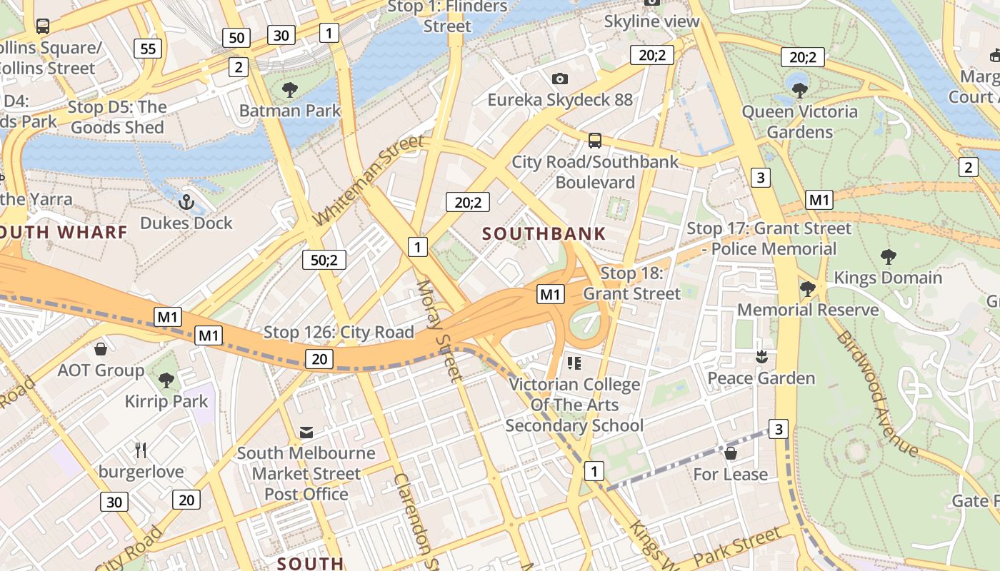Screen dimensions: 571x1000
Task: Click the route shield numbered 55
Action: pyautogui.click(x=148, y=49)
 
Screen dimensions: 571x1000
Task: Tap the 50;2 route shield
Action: pyautogui.click(x=324, y=260)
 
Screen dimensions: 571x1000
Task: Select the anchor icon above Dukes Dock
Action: pyautogui.click(x=186, y=202)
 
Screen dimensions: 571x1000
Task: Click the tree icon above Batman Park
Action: pyautogui.click(x=289, y=90)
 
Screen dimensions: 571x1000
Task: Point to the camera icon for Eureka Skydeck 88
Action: pyautogui.click(x=560, y=79)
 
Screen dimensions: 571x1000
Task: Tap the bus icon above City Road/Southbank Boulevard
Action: pyautogui.click(x=594, y=141)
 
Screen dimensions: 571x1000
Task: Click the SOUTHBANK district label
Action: pyautogui.click(x=544, y=233)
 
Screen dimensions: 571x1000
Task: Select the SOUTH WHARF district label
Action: pyautogui.click(x=63, y=232)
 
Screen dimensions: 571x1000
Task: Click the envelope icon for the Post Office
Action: pyautogui.click(x=306, y=433)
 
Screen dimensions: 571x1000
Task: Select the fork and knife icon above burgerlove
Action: pyautogui.click(x=141, y=450)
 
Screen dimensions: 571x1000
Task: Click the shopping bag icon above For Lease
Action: pyautogui.click(x=730, y=453)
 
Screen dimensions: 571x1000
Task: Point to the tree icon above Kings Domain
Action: pyautogui.click(x=888, y=257)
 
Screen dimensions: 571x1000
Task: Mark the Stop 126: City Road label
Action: pyautogui.click(x=339, y=332)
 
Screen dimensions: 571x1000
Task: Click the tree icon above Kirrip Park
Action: pyautogui.click(x=166, y=380)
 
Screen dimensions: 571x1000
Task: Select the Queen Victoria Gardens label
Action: pyautogui.click(x=799, y=121)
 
